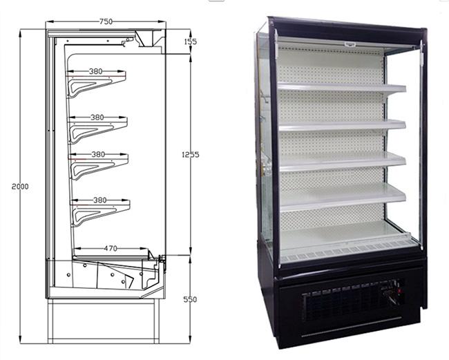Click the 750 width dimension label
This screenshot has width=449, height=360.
(106, 21)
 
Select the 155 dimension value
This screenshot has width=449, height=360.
(191, 42)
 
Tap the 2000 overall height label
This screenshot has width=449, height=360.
(20, 187)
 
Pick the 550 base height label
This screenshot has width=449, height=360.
(190, 300)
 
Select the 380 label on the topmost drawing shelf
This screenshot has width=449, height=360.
(96, 70)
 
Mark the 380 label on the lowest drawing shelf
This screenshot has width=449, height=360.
(99, 200)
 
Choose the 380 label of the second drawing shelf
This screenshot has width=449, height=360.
(97, 117)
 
